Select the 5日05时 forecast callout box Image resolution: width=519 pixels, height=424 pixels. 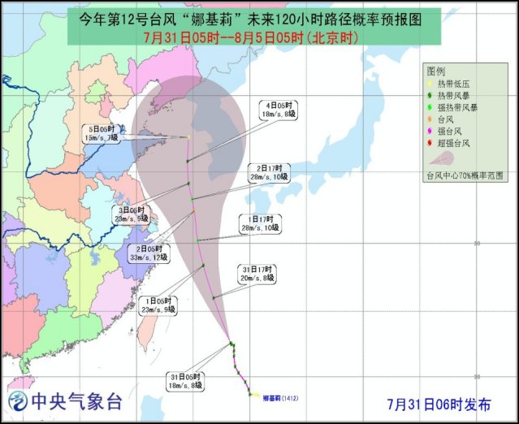point(105,133)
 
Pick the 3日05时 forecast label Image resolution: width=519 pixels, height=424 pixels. point(130,214)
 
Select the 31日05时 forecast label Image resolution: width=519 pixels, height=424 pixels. point(184,382)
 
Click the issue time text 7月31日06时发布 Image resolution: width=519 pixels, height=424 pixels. point(439,404)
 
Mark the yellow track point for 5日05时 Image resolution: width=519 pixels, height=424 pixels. point(188,137)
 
